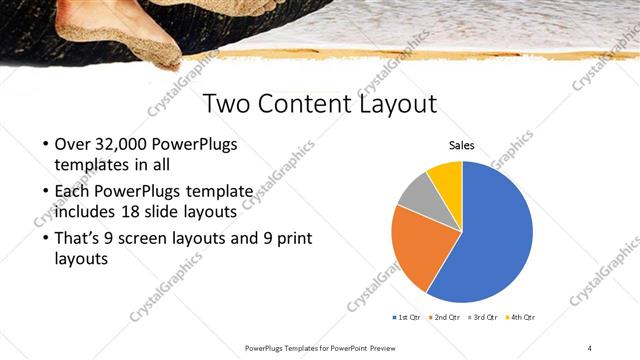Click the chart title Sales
pyautogui.click(x=460, y=146)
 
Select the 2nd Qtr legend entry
pyautogui.click(x=445, y=317)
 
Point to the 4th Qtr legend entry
pyautogui.click(x=520, y=317)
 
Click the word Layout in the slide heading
pyautogui.click(x=399, y=103)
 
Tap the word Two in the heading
pyautogui.click(x=228, y=103)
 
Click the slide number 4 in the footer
pyautogui.click(x=590, y=347)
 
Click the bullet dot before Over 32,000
pyautogui.click(x=47, y=146)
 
